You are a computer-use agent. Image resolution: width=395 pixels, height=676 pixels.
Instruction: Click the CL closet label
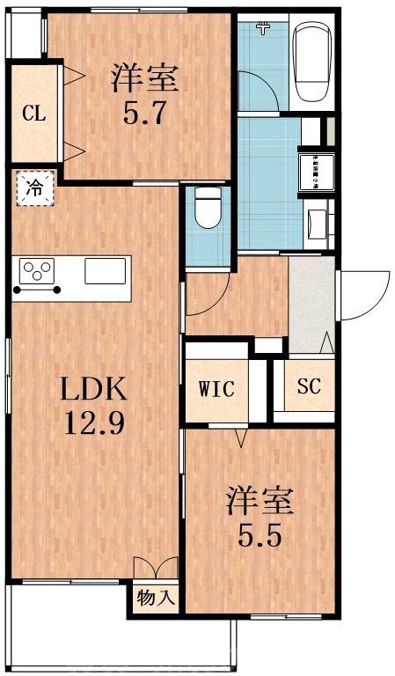(33, 114)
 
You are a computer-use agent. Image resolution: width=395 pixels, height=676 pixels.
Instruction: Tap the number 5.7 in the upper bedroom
(144, 114)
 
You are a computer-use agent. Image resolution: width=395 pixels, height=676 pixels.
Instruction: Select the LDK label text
(94, 387)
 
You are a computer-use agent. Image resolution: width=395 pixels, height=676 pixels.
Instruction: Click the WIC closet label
(216, 388)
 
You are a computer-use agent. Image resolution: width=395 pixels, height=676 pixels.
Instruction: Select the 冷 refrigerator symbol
(34, 187)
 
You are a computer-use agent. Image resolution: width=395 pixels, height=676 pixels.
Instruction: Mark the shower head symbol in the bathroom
(261, 28)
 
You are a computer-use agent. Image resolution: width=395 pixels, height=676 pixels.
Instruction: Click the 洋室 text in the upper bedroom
(144, 79)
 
